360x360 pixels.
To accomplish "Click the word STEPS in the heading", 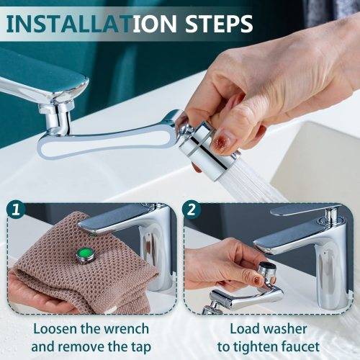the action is (219, 24).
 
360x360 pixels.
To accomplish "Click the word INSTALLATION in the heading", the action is (92, 24).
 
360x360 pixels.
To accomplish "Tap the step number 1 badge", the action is (16, 210).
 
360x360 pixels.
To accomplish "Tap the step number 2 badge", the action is (192, 210).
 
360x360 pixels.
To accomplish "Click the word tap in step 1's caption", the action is (141, 347).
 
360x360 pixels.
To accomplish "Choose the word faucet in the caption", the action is (300, 347).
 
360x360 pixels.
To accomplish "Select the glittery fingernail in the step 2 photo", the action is (258, 279).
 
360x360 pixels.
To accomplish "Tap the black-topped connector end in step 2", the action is (267, 267).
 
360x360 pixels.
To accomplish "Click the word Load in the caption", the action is (245, 328).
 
